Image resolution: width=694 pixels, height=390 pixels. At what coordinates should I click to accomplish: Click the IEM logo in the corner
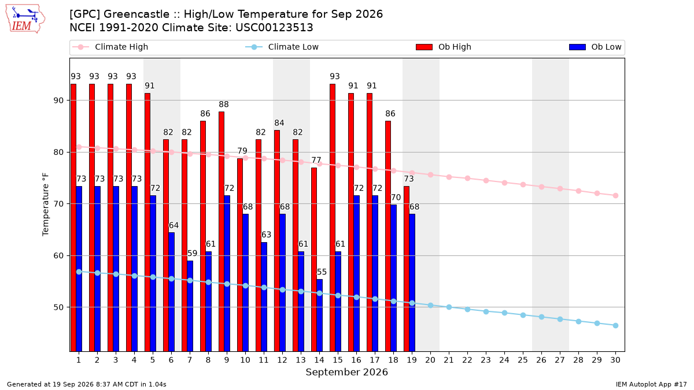[25, 19]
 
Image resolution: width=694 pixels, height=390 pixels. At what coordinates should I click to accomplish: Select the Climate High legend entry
[110, 47]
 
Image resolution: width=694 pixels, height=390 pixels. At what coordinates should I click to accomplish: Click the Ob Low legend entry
[595, 47]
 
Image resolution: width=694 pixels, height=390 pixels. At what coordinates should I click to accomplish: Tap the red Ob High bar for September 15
[333, 218]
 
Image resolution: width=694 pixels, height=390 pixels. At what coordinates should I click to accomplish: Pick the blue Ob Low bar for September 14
[319, 315]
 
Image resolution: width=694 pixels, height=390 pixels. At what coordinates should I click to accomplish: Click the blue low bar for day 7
[190, 306]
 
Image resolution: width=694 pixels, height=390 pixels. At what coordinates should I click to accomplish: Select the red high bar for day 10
[240, 255]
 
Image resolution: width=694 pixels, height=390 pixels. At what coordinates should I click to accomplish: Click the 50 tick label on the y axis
[59, 307]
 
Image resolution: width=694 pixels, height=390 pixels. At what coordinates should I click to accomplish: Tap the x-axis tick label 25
[523, 360]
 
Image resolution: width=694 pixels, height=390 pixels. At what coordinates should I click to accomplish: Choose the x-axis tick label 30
[615, 360]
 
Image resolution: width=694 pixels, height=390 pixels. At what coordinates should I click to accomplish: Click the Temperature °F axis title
[46, 205]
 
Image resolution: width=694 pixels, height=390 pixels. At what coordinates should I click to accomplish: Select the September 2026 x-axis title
[346, 372]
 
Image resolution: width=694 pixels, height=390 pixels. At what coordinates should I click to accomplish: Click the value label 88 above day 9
[224, 105]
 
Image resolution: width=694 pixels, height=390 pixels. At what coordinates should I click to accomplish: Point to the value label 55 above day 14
[322, 272]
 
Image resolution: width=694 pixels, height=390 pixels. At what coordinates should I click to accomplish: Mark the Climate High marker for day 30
[615, 196]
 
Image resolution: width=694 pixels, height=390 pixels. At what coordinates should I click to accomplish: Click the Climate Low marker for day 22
[467, 309]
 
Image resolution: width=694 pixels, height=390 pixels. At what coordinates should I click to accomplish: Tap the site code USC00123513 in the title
[274, 28]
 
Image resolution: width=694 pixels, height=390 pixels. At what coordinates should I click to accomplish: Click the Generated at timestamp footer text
[86, 384]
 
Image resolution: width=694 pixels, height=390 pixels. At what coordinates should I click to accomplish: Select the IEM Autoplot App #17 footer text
[651, 384]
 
